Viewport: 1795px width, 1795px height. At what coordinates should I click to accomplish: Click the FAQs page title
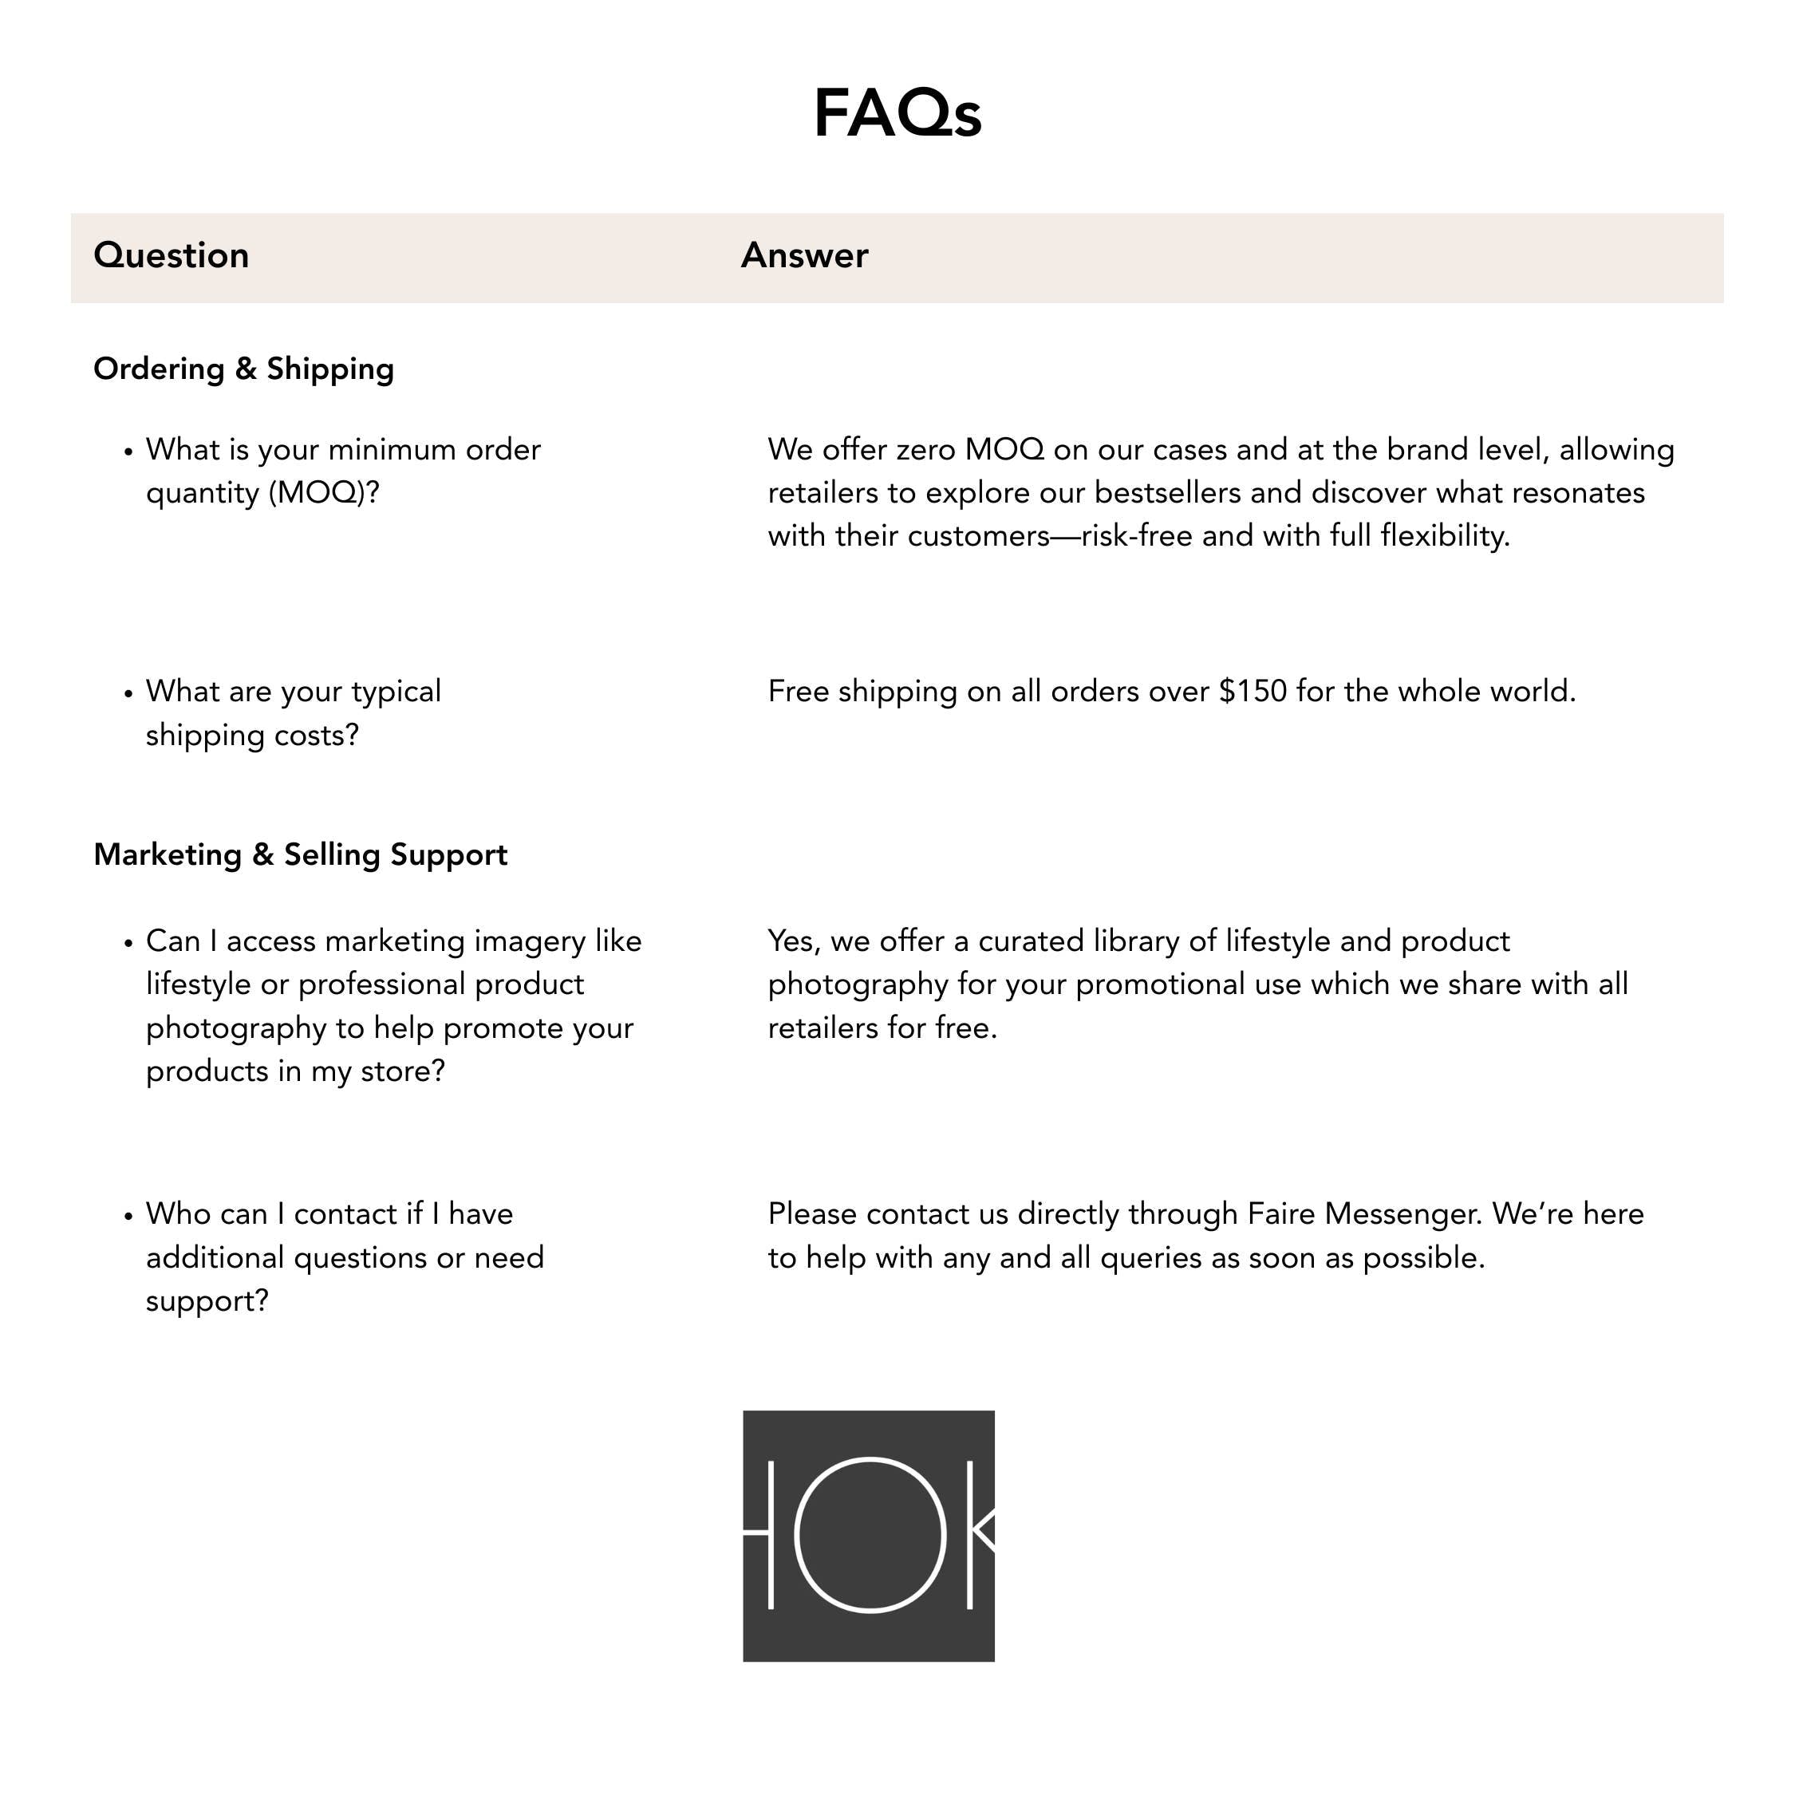[897, 113]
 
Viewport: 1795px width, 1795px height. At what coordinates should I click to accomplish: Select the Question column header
[171, 255]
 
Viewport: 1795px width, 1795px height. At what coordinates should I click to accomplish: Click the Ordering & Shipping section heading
[243, 369]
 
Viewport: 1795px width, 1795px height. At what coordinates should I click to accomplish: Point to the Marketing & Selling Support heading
[300, 854]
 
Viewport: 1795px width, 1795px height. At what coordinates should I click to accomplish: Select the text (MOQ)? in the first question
[323, 492]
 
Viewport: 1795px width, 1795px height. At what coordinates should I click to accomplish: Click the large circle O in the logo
[870, 1535]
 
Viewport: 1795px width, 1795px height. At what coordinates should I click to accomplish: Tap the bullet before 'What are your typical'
[129, 693]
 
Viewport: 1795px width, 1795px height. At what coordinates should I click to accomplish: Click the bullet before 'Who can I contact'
[129, 1216]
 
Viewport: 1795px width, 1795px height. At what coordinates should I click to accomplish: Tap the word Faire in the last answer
[1280, 1214]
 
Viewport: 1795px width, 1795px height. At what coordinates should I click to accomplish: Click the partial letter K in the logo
[980, 1535]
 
